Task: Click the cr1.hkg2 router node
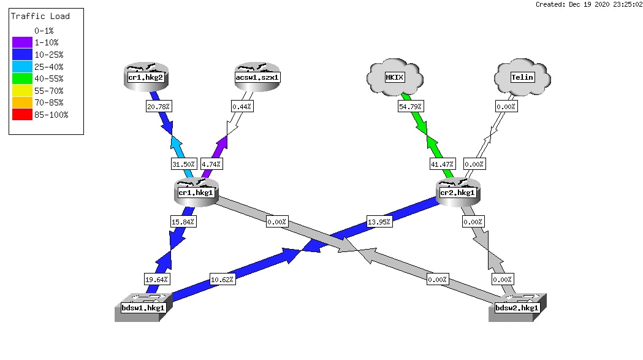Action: pyautogui.click(x=146, y=77)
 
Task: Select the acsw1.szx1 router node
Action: pyautogui.click(x=257, y=77)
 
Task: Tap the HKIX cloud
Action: pyautogui.click(x=395, y=77)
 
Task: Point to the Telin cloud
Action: pyautogui.click(x=522, y=77)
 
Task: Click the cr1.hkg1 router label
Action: pyautogui.click(x=196, y=193)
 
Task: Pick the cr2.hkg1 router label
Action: pyautogui.click(x=457, y=193)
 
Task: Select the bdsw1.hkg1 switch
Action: pyautogui.click(x=143, y=307)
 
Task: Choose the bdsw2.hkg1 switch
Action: pyautogui.click(x=517, y=307)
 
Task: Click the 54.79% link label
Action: pyautogui.click(x=410, y=107)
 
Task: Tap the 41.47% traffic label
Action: pyautogui.click(x=442, y=164)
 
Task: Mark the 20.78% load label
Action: pyautogui.click(x=158, y=107)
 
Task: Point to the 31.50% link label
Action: pyautogui.click(x=183, y=164)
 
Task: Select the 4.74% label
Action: pyautogui.click(x=211, y=164)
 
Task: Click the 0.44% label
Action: pyautogui.click(x=242, y=107)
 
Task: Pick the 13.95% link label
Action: pyautogui.click(x=379, y=222)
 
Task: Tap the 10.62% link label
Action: pyautogui.click(x=223, y=280)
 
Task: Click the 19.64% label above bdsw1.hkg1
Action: pyautogui.click(x=157, y=280)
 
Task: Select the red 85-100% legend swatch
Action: pyautogui.click(x=22, y=115)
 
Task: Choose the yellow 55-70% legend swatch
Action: pyautogui.click(x=22, y=90)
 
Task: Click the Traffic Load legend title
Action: pyautogui.click(x=40, y=17)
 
